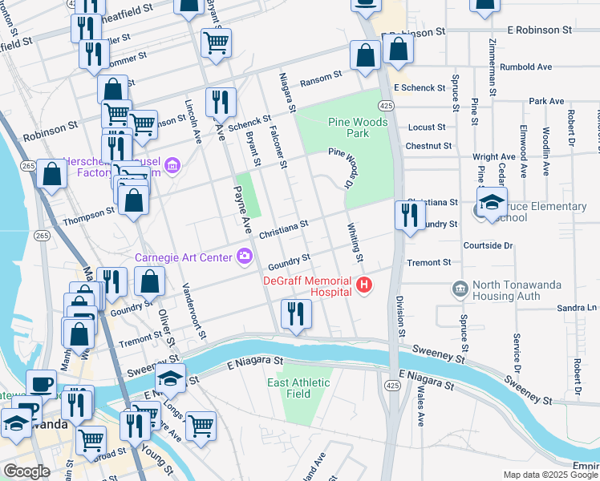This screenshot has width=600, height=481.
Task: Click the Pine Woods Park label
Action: (x=359, y=127)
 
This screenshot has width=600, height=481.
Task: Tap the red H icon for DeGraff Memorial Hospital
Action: (x=365, y=285)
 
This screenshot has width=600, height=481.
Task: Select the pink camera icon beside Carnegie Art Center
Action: (x=245, y=257)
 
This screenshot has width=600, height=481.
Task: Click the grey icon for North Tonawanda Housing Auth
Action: (x=460, y=287)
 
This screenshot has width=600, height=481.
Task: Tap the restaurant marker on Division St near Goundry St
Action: (x=410, y=216)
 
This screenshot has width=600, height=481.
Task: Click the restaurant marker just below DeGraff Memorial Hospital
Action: (x=296, y=314)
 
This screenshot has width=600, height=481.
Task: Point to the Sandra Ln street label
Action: (x=579, y=308)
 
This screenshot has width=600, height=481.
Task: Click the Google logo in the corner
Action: (x=26, y=471)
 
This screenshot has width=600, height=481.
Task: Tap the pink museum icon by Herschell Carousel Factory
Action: (x=171, y=168)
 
